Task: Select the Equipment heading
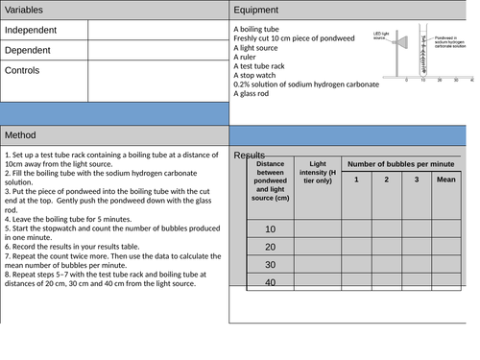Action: click(x=260, y=11)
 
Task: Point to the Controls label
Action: click(x=26, y=70)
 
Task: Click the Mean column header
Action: click(x=445, y=180)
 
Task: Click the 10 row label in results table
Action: click(x=270, y=229)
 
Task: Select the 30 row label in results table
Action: click(x=270, y=265)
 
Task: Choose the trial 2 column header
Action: click(x=386, y=180)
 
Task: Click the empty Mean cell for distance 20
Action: click(x=445, y=247)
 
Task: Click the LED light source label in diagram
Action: click(x=380, y=34)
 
